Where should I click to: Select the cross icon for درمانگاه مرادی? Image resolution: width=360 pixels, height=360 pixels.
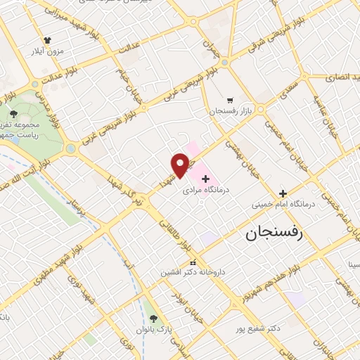pyautogui.click(x=205, y=179)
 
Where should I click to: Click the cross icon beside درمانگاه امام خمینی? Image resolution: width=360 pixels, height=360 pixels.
pyautogui.click(x=283, y=193)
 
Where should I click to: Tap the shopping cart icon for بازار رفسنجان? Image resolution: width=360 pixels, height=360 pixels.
pyautogui.click(x=230, y=101)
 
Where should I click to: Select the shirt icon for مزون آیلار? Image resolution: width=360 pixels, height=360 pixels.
pyautogui.click(x=47, y=41)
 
